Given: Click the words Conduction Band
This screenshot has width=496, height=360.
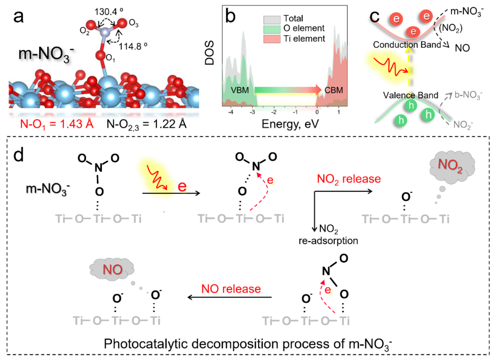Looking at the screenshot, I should tap(404, 45).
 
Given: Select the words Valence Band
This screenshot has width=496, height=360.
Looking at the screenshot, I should tap(404, 95).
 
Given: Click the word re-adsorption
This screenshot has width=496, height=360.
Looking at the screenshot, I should tap(330, 240).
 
